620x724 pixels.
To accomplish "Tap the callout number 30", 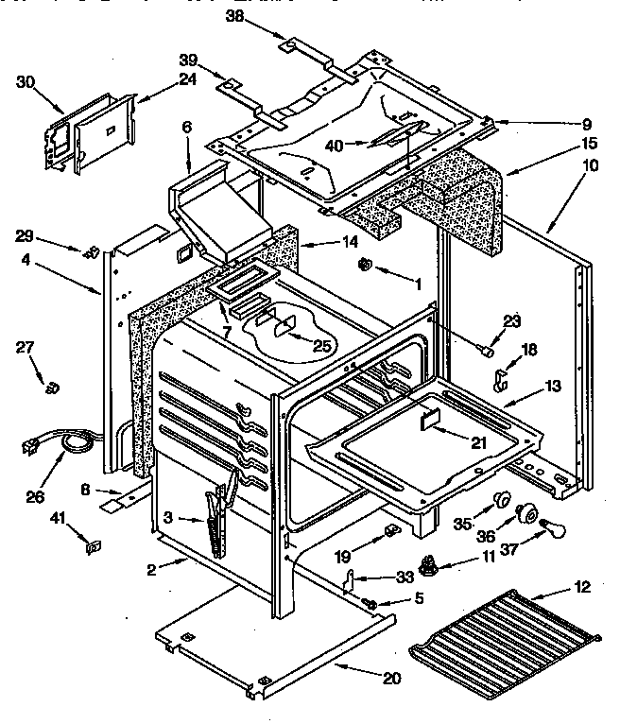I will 26,82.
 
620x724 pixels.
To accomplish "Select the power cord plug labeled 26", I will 35,443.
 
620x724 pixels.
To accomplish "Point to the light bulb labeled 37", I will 548,536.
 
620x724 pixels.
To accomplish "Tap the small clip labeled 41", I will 93,545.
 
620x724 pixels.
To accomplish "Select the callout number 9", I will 586,123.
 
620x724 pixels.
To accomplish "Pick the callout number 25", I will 321,347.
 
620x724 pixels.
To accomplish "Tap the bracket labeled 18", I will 502,379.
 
